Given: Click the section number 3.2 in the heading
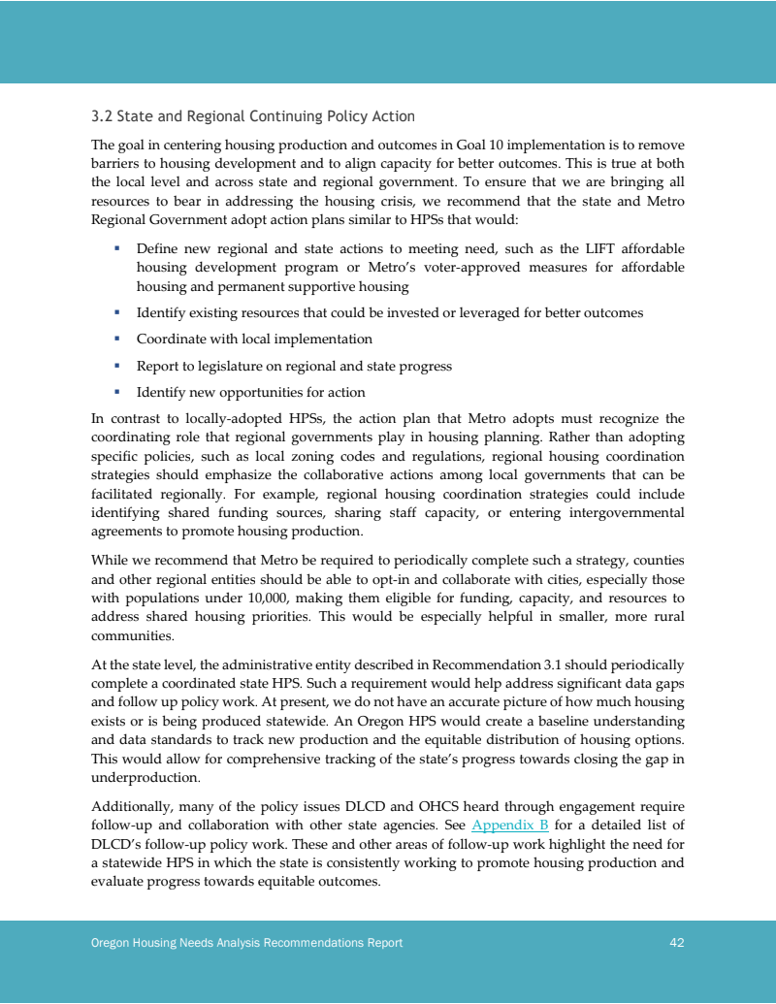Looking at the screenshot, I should (101, 116).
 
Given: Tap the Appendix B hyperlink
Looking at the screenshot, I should (510, 826).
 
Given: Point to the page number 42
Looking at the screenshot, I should (677, 943).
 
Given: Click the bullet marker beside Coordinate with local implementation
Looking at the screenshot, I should (116, 339).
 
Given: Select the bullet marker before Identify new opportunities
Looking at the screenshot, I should (116, 392).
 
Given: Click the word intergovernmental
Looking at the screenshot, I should (615, 512).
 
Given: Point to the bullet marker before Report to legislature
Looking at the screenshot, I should (116, 366).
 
